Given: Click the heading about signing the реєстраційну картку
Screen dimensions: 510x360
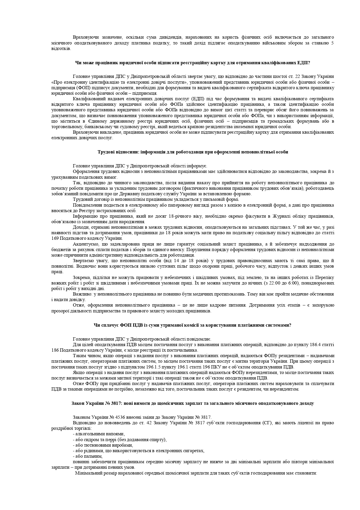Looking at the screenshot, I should click(x=192, y=62).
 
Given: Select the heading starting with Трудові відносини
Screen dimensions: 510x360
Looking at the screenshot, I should click(x=193, y=152).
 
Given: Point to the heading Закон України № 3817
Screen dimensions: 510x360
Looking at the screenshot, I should click(x=192, y=403).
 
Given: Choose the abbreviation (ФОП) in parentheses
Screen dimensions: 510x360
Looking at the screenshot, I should click(x=83, y=88).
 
